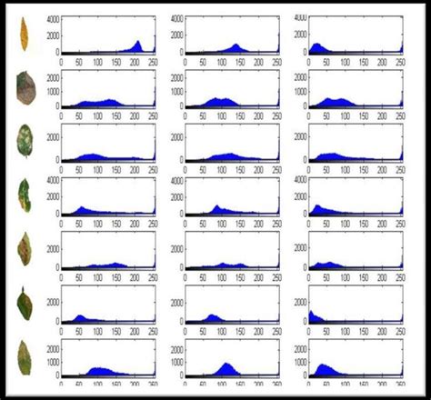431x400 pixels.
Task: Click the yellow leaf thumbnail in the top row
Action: [x=24, y=35]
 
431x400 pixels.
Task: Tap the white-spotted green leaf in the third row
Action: [x=25, y=142]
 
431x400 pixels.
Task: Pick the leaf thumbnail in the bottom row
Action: [x=24, y=357]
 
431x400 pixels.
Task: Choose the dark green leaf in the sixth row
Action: [x=25, y=303]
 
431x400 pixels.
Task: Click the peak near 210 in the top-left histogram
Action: [x=138, y=42]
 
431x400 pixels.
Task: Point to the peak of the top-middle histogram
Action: [x=236, y=45]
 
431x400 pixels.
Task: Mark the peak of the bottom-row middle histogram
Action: [x=226, y=364]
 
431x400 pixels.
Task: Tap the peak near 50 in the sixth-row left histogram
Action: [x=79, y=316]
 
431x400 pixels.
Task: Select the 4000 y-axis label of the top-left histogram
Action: [x=53, y=19]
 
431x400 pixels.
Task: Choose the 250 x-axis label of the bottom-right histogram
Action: [x=401, y=385]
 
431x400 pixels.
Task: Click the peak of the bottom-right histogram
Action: [x=322, y=365]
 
